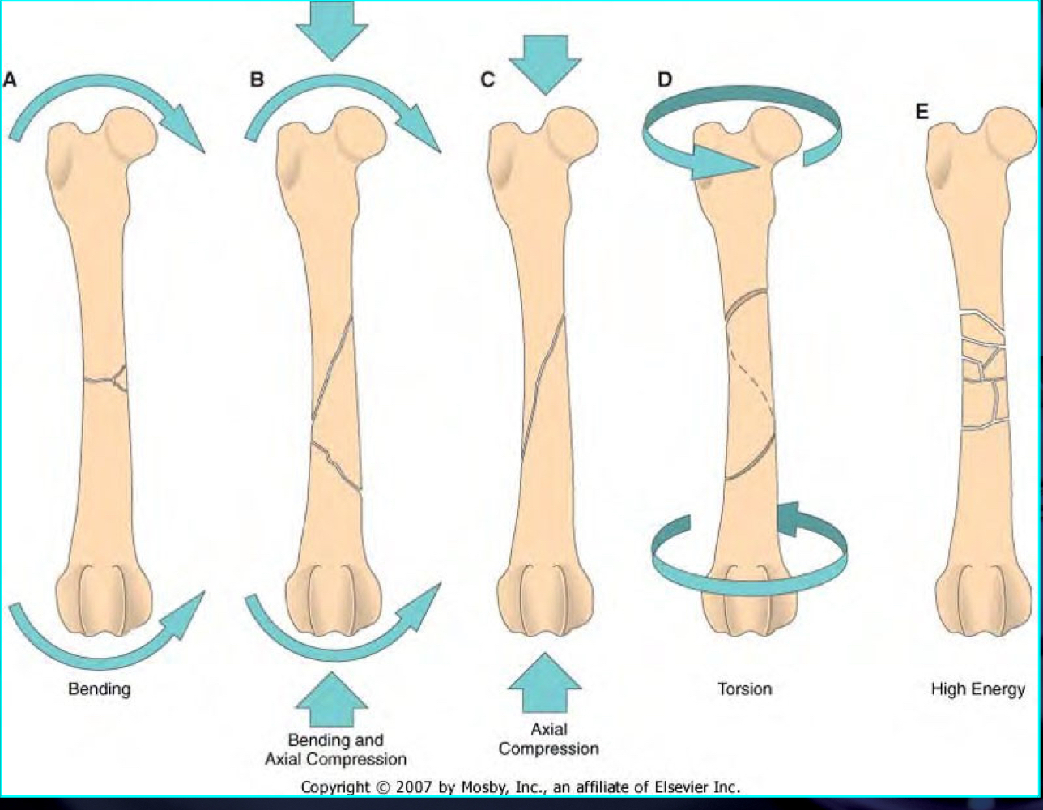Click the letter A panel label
click(x=11, y=79)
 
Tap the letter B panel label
click(x=257, y=79)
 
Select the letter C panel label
click(x=487, y=79)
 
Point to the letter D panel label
click(x=665, y=79)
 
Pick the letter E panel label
click(x=922, y=112)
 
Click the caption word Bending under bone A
click(x=99, y=689)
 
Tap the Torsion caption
click(x=744, y=689)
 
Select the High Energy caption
click(x=977, y=689)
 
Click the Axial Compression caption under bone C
click(x=548, y=739)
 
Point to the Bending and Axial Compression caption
click(x=335, y=749)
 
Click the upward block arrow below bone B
click(x=332, y=698)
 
